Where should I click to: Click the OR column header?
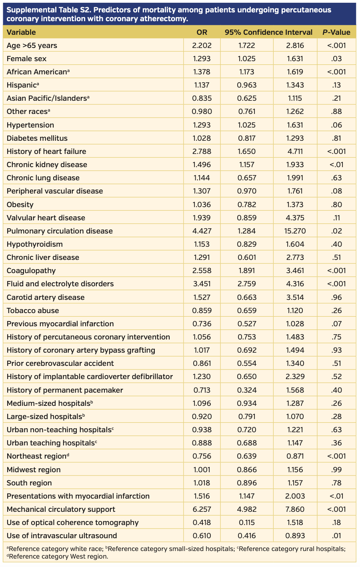[x=202, y=32]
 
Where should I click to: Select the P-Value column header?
[x=336, y=32]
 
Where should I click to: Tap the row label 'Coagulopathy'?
[x=31, y=271]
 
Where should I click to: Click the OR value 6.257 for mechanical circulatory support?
[x=202, y=509]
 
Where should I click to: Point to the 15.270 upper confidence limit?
[x=295, y=231]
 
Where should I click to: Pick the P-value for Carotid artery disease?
[x=336, y=297]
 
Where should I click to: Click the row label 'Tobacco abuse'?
[x=33, y=311]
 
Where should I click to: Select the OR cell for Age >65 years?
[x=202, y=46]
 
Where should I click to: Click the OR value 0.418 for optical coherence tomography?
[x=202, y=523]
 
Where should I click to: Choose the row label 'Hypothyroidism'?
[x=35, y=244]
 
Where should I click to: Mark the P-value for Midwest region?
[x=336, y=470]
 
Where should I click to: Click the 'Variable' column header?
[x=21, y=32]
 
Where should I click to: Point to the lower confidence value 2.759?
[x=246, y=284]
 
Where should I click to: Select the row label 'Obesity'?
[x=20, y=205]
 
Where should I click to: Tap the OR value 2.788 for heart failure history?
[x=202, y=152]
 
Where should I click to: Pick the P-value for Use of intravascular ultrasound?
[x=336, y=536]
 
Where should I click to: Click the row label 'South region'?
[x=29, y=483]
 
